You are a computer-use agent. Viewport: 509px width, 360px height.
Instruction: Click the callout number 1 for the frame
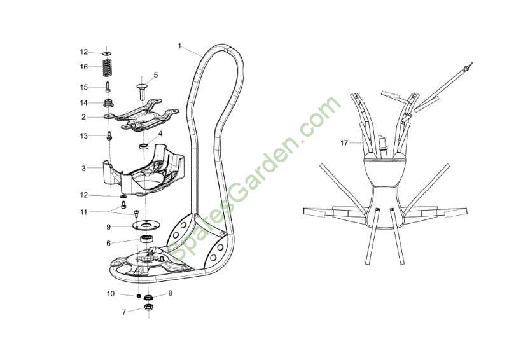click(179, 46)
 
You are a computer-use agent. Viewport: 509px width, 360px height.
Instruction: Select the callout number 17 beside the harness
click(344, 143)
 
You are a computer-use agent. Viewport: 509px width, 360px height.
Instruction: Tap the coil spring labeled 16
click(108, 67)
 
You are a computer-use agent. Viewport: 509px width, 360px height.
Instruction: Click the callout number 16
click(84, 67)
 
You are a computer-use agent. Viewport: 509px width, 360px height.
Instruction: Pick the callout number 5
click(156, 75)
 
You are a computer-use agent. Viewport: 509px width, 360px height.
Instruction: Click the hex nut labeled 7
click(148, 307)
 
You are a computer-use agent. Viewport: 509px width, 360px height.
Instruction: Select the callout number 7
click(123, 312)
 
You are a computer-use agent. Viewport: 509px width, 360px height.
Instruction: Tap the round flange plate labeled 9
click(146, 225)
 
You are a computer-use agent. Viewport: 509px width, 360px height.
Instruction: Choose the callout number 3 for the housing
click(84, 169)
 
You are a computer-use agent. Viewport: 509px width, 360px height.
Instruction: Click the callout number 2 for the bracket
click(84, 117)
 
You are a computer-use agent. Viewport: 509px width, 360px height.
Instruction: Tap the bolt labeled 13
click(109, 135)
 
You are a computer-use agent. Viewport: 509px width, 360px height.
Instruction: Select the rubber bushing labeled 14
click(108, 103)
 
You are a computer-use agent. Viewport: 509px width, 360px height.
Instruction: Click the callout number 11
click(84, 212)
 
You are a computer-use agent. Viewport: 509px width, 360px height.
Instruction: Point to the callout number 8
click(170, 293)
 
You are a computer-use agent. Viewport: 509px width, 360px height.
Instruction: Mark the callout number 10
click(111, 294)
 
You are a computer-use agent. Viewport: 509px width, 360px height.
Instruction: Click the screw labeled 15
click(108, 87)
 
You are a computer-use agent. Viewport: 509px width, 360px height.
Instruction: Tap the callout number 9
click(109, 227)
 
